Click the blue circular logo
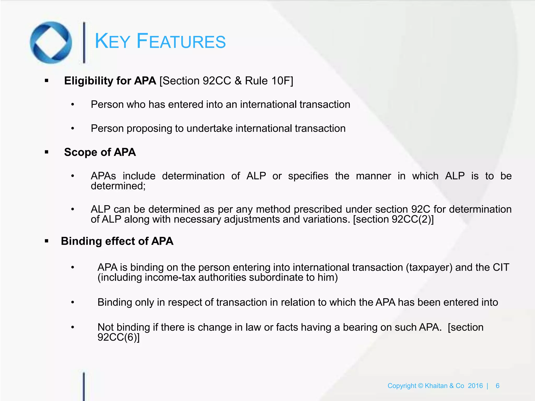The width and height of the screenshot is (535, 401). pyautogui.click(x=51, y=42)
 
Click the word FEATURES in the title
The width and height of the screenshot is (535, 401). pyautogui.click(x=181, y=42)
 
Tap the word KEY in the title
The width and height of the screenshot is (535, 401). pyautogui.click(x=112, y=42)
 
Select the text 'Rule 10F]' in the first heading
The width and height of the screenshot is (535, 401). pyautogui.click(x=269, y=81)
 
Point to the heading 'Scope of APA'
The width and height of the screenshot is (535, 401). pyautogui.click(x=100, y=152)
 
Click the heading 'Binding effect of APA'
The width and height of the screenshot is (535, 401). pyautogui.click(x=117, y=241)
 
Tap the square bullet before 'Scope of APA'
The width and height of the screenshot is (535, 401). pyautogui.click(x=47, y=152)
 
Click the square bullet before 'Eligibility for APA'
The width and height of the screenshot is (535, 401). pyautogui.click(x=47, y=81)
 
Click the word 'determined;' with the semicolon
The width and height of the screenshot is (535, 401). pyautogui.click(x=118, y=186)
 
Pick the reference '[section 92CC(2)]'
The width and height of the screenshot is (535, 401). pyautogui.click(x=393, y=219)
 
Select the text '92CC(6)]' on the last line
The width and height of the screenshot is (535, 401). pyautogui.click(x=118, y=337)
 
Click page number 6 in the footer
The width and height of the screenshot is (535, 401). pyautogui.click(x=497, y=386)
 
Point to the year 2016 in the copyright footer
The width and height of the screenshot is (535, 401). pyautogui.click(x=475, y=386)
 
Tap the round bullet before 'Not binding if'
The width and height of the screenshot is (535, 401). pyautogui.click(x=73, y=327)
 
